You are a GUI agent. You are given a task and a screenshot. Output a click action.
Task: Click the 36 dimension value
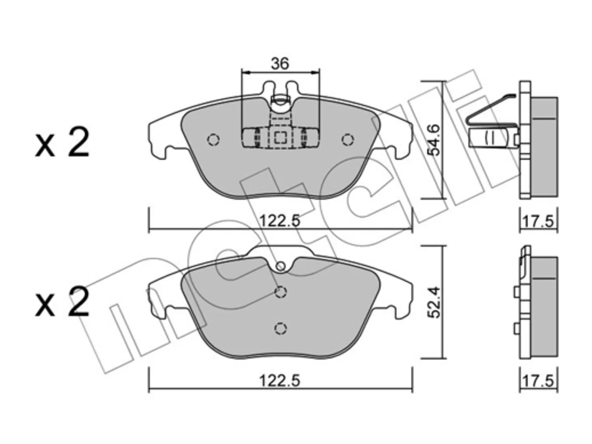(x=280, y=64)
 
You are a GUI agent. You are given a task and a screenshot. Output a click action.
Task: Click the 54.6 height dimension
(x=434, y=140)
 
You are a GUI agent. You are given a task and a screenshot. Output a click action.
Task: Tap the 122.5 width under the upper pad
(x=280, y=221)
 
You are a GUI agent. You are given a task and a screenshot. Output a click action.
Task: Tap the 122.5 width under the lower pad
(x=280, y=381)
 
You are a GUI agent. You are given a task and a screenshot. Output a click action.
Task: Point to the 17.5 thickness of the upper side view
(x=538, y=222)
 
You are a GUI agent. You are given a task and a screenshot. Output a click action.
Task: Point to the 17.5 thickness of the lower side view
(x=538, y=382)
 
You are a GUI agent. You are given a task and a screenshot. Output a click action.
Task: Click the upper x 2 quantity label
(x=62, y=142)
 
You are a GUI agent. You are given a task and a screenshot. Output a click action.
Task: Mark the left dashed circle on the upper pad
(x=213, y=140)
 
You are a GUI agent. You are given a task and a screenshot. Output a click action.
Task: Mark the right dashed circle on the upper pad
(x=348, y=140)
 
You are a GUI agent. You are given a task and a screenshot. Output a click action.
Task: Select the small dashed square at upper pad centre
(x=280, y=138)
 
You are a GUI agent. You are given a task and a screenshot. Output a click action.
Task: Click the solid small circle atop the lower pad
(x=280, y=266)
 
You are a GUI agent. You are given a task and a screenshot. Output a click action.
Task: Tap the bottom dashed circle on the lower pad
(x=280, y=328)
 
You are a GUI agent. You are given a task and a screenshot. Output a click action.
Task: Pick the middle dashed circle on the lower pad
(x=280, y=292)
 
